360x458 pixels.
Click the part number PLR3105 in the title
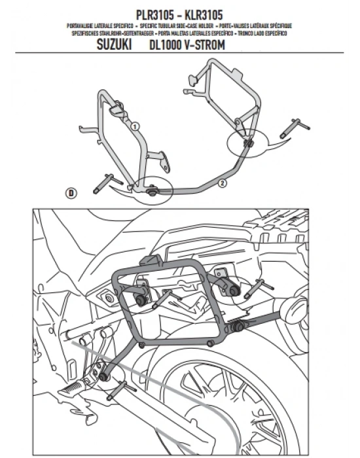(154, 15)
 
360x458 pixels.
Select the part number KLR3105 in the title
(204, 15)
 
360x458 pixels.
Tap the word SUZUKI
(114, 44)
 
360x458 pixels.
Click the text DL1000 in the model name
(165, 45)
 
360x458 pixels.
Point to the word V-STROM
(205, 45)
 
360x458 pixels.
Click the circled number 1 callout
(134, 126)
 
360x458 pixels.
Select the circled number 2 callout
(223, 183)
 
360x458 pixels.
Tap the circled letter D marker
(71, 193)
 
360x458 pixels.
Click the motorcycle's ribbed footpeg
(72, 388)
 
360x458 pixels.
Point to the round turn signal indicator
(294, 309)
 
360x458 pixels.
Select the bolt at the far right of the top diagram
(295, 128)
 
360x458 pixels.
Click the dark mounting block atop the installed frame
(151, 259)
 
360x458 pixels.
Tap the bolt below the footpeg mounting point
(121, 391)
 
